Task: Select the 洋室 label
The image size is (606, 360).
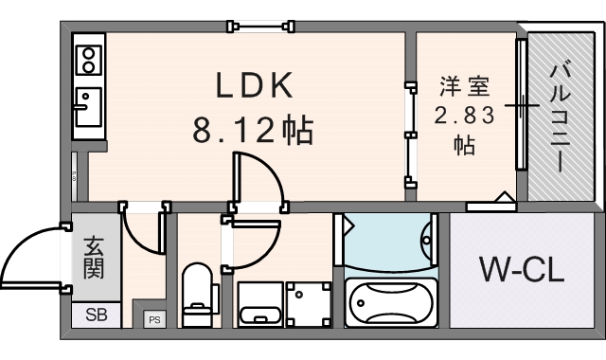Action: pos(464,87)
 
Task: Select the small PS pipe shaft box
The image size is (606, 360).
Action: pos(152,319)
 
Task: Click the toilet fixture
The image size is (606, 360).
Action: pos(198,294)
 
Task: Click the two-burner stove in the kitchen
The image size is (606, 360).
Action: pos(89,60)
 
